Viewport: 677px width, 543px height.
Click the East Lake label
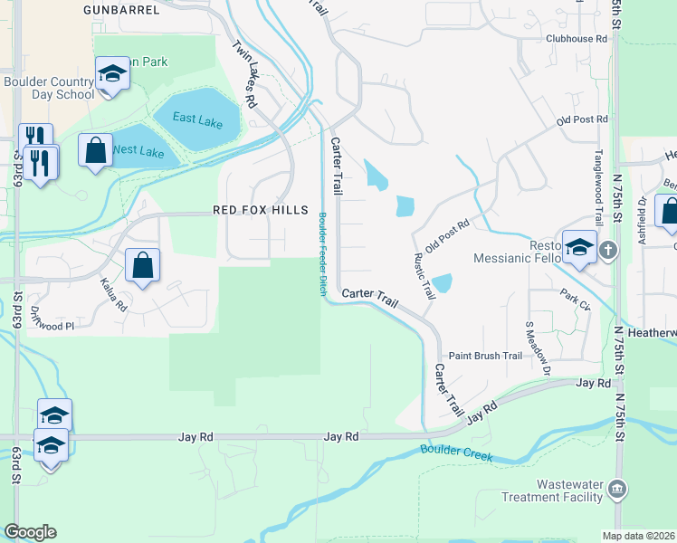(197, 119)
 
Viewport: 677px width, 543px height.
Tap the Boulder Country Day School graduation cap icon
(112, 73)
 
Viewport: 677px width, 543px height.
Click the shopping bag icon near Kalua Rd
(142, 266)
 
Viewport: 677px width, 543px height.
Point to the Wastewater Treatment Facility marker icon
(617, 489)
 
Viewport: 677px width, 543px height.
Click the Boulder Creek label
(457, 452)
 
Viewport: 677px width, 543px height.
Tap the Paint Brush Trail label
(486, 357)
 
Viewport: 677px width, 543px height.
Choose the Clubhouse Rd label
(577, 39)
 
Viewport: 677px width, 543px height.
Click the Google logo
(30, 532)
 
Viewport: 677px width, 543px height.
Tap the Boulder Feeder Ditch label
(322, 252)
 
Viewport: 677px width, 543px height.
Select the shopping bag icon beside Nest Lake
(95, 150)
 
